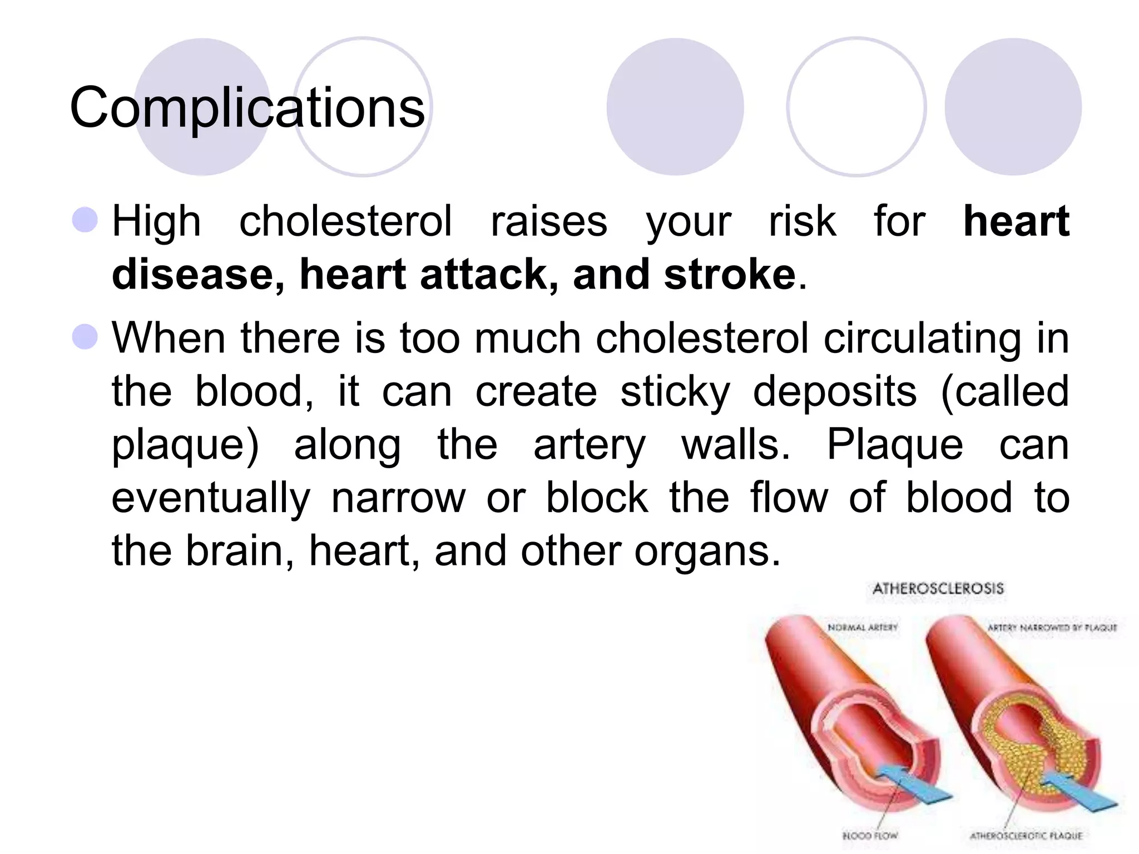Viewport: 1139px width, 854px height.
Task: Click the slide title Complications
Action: (247, 107)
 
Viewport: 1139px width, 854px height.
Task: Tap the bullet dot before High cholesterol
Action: (85, 220)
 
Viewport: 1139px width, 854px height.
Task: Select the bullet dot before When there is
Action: (85, 337)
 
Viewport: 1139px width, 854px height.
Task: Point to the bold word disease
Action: (197, 274)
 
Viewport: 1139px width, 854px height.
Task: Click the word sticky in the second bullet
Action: (675, 391)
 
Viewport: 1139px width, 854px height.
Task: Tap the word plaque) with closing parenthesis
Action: (185, 445)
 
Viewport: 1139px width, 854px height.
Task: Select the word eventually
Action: (211, 497)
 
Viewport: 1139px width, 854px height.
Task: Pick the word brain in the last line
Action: (234, 550)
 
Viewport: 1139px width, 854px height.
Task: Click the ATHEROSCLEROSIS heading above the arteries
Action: (938, 588)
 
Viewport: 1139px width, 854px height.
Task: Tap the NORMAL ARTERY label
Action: (863, 627)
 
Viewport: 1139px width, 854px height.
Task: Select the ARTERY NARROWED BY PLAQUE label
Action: (1052, 627)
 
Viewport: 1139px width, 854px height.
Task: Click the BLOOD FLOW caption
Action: (870, 835)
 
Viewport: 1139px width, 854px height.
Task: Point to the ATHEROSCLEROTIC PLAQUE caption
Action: (1026, 835)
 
